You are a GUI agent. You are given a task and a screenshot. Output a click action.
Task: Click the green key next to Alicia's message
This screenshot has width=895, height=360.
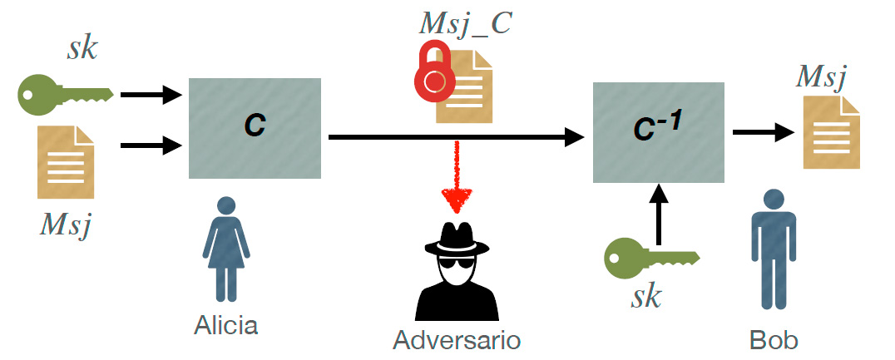(x=63, y=95)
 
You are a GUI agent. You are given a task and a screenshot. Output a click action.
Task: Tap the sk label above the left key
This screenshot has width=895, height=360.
(x=82, y=48)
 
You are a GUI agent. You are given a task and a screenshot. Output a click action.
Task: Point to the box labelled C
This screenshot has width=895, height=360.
(x=255, y=127)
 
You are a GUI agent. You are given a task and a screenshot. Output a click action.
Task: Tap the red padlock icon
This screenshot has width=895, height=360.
(x=434, y=74)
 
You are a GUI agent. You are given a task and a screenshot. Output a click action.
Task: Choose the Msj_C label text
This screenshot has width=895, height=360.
(x=465, y=24)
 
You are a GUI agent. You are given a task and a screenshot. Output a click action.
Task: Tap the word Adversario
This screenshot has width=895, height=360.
(x=457, y=340)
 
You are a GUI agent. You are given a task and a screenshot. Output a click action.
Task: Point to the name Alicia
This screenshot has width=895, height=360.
(x=226, y=324)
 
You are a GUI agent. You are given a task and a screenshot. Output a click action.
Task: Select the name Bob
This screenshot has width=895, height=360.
(x=774, y=340)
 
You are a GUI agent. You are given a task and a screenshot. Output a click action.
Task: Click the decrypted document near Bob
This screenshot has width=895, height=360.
(x=830, y=133)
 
